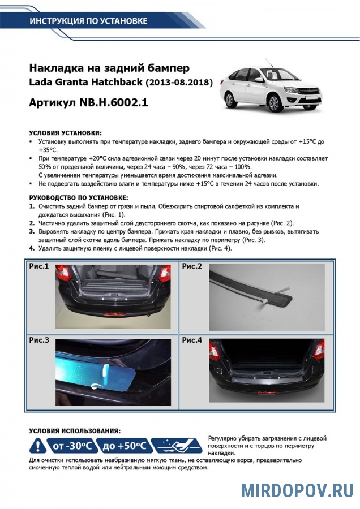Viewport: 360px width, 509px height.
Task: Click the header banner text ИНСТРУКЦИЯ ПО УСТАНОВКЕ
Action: point(88,21)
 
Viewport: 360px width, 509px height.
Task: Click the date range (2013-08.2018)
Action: point(179,83)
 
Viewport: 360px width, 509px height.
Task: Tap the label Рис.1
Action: point(39,266)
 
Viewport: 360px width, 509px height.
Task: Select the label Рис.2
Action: point(192,266)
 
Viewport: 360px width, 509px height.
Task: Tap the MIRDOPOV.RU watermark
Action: point(297,490)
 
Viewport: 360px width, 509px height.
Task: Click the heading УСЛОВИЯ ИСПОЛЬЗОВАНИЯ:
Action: point(74,431)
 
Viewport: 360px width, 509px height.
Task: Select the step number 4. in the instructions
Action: point(32,248)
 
